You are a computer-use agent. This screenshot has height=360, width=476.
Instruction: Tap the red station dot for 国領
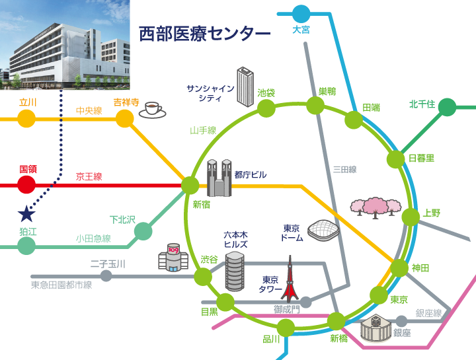point(26,185)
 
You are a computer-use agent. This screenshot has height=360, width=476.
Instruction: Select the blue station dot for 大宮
point(301,13)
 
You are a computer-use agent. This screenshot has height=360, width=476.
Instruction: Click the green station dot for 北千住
point(448,106)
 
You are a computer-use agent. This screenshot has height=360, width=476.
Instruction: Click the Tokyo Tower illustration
point(289,281)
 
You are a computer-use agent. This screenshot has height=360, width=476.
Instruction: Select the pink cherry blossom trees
point(376,206)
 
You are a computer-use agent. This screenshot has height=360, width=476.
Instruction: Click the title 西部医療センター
point(205,33)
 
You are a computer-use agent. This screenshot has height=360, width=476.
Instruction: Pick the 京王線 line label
point(89,176)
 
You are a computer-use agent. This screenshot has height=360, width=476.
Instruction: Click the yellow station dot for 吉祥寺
point(125,118)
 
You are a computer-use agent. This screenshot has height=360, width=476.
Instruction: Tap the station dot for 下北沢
point(143,231)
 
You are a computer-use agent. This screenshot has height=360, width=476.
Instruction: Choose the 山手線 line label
point(203,131)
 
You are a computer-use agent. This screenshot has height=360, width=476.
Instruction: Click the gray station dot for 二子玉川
point(106,276)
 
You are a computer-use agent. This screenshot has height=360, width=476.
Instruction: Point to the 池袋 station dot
point(266,108)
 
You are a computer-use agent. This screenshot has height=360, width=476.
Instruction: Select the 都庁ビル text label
point(251,174)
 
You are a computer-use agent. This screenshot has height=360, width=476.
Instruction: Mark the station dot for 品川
point(286,327)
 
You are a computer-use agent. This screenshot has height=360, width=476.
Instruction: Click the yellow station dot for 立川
point(26,118)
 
